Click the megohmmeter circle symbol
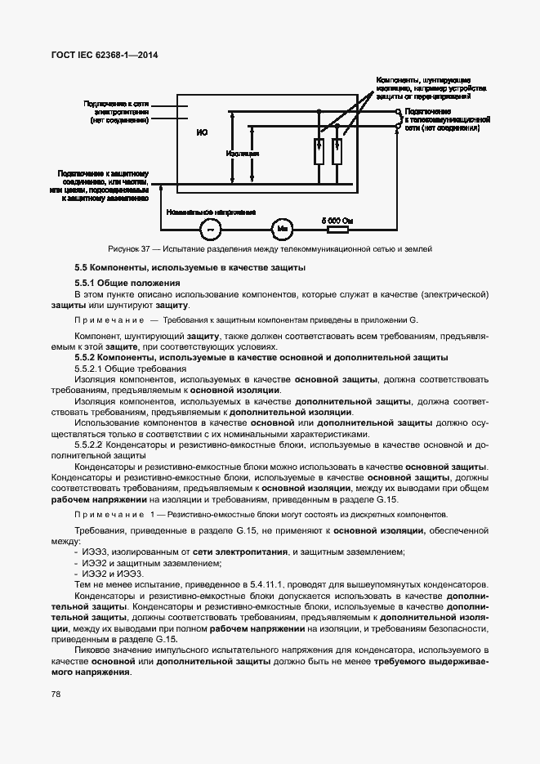[280, 226]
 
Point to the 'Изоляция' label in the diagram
[243, 153]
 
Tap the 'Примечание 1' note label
[114, 515]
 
